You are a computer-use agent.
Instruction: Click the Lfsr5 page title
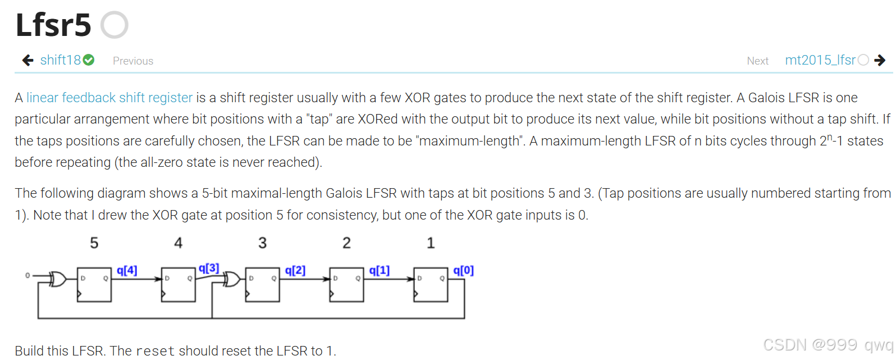tap(53, 25)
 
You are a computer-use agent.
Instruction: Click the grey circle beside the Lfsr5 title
tap(115, 25)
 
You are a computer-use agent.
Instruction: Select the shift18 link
tap(61, 60)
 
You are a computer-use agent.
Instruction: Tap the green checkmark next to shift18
tap(89, 60)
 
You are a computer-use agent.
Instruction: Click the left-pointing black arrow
tap(28, 60)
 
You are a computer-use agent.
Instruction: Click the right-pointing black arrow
tap(880, 60)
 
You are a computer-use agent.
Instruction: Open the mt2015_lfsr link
tap(820, 60)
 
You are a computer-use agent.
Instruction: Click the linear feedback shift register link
tap(109, 98)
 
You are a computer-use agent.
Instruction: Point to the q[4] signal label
tap(127, 270)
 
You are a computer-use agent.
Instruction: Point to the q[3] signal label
tap(209, 268)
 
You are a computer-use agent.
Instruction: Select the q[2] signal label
tap(295, 270)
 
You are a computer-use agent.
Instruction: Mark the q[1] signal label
tap(380, 270)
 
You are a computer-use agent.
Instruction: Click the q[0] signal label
tap(464, 270)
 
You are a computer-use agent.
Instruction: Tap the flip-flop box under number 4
tap(178, 284)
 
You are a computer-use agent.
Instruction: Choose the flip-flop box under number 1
tap(431, 284)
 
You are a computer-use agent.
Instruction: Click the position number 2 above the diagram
tap(346, 243)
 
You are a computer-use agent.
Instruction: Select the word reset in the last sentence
tap(156, 351)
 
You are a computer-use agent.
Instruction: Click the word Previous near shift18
tap(133, 61)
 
